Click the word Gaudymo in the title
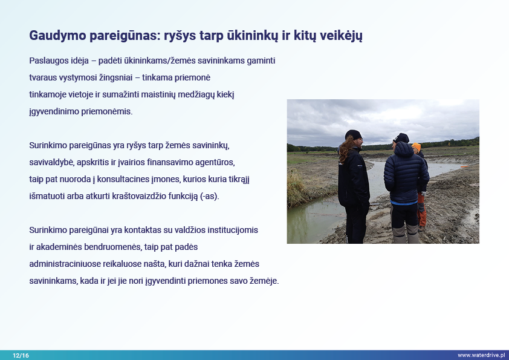tap(57, 36)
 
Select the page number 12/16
tap(21, 355)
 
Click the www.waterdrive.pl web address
tap(481, 355)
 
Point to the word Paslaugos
tap(47, 61)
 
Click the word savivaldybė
tap(51, 163)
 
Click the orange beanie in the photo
tap(416, 147)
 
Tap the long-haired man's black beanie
tap(353, 134)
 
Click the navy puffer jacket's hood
tap(404, 149)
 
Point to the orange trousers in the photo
tap(422, 210)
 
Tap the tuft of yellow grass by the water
tap(297, 188)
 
